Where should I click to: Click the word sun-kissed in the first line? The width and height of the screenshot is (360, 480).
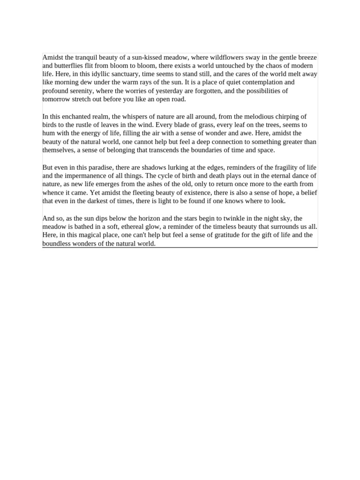145,57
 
